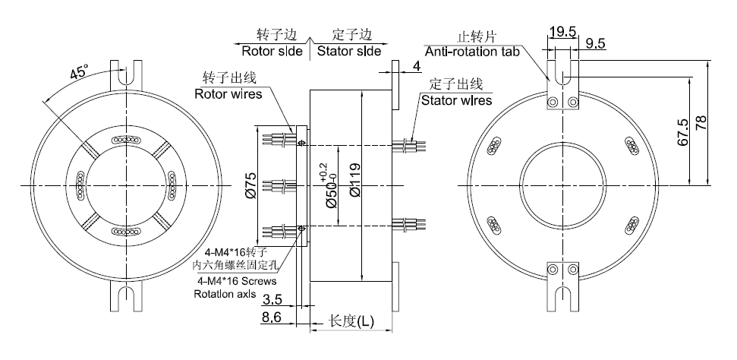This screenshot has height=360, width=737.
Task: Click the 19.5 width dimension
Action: coord(562,31)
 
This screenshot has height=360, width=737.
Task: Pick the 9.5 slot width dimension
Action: coord(596,44)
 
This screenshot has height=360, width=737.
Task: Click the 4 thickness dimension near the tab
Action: coord(417,67)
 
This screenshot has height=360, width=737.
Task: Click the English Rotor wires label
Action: coord(228,94)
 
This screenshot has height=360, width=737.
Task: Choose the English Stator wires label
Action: coord(456,99)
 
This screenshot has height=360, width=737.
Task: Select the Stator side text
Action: coord(348,52)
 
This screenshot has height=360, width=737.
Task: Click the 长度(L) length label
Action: coord(351,322)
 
